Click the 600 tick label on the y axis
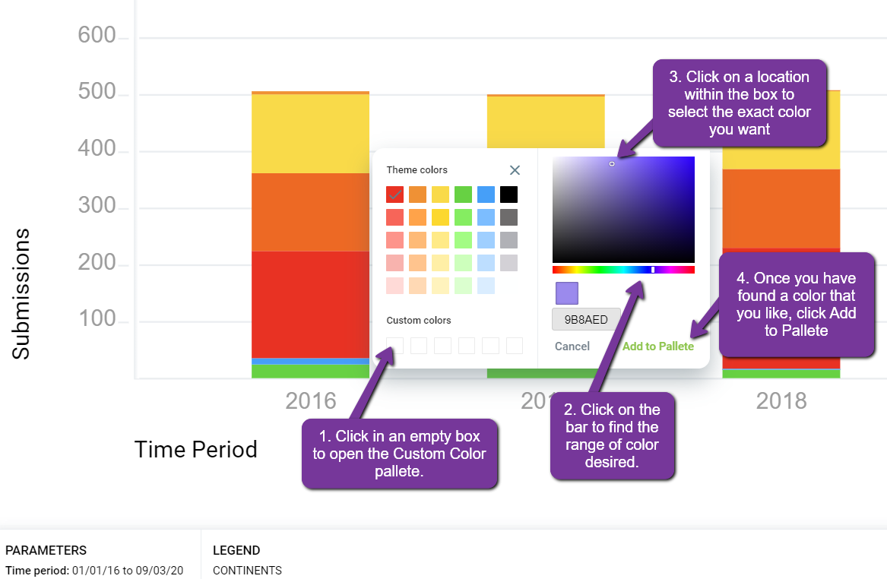[x=97, y=35]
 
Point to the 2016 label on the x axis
[x=311, y=401]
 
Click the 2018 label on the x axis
[x=781, y=401]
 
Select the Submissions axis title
[x=21, y=293]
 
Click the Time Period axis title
[x=196, y=450]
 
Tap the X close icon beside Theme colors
[x=515, y=170]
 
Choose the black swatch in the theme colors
[x=508, y=195]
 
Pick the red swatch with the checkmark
[x=394, y=195]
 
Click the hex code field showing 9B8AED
[x=586, y=319]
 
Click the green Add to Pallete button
[x=658, y=346]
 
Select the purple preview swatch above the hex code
[x=567, y=293]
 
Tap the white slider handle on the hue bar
[x=653, y=270]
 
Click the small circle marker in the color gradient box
[x=612, y=164]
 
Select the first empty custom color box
[x=394, y=346]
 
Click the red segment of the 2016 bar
[x=311, y=304]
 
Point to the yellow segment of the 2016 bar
[x=311, y=134]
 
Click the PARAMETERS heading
[x=46, y=550]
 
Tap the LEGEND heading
[x=236, y=550]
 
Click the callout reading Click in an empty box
[x=399, y=454]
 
